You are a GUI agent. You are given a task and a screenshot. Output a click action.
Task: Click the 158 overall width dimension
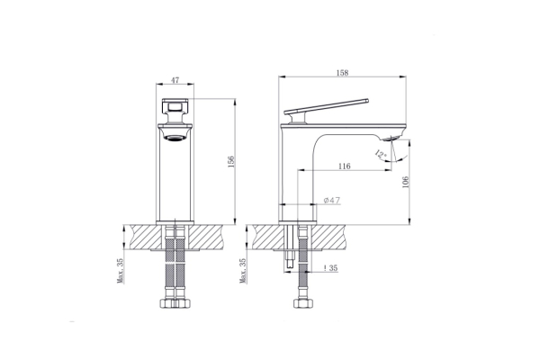342,73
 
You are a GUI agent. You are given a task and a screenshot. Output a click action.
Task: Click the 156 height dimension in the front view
231,162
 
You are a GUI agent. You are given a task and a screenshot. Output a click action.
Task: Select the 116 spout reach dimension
345,166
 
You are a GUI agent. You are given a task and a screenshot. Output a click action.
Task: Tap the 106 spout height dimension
405,182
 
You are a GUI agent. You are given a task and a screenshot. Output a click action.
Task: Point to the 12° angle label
380,155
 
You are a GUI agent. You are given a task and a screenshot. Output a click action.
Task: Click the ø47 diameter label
332,200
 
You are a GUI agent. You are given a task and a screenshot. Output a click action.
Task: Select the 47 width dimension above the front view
175,80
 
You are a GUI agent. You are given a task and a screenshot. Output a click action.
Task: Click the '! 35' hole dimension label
330,267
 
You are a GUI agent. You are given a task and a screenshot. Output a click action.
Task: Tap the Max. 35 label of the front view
121,270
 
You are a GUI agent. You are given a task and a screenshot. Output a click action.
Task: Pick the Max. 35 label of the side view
243,270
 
